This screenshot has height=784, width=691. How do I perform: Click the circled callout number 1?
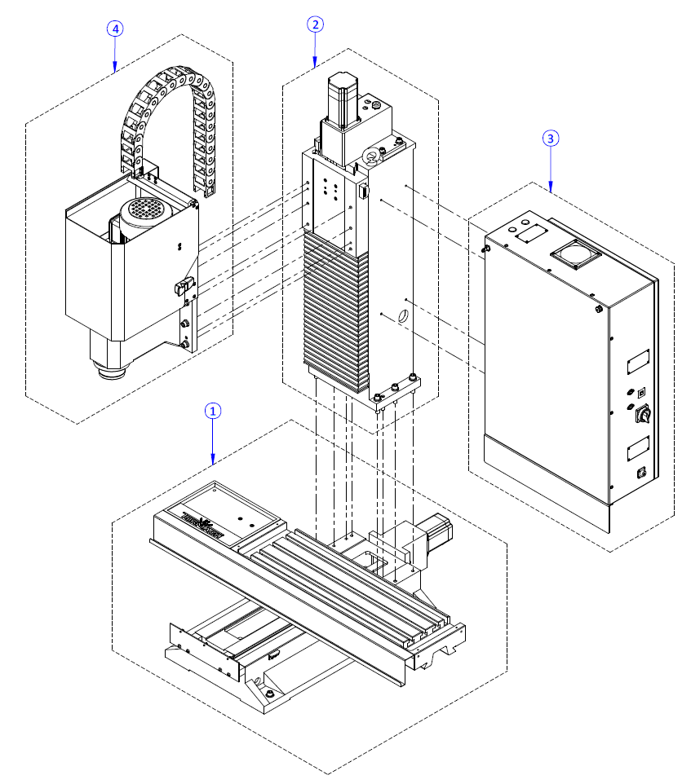pyautogui.click(x=212, y=412)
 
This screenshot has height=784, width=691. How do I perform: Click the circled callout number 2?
pyautogui.click(x=315, y=24)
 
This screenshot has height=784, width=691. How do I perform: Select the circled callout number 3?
pyautogui.click(x=551, y=139)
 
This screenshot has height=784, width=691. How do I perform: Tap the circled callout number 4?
pyautogui.click(x=115, y=29)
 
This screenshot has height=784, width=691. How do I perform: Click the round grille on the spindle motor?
pyautogui.click(x=144, y=208)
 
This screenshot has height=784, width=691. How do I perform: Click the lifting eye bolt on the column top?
pyautogui.click(x=370, y=156)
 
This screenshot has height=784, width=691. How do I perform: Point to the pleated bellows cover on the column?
pyautogui.click(x=334, y=306)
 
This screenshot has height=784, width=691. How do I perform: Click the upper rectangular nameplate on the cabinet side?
pyautogui.click(x=637, y=359)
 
